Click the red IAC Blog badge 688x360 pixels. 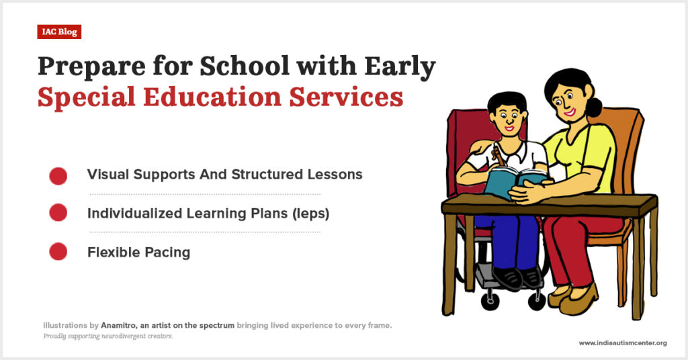59,32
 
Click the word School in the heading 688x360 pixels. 245,66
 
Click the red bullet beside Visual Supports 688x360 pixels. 58,176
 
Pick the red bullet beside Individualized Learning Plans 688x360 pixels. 58,213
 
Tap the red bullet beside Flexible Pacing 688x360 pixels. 58,252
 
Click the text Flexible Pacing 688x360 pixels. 138,253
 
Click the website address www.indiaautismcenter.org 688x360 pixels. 623,343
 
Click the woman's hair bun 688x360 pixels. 593,107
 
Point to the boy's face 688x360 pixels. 509,118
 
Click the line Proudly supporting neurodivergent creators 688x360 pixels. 108,336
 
